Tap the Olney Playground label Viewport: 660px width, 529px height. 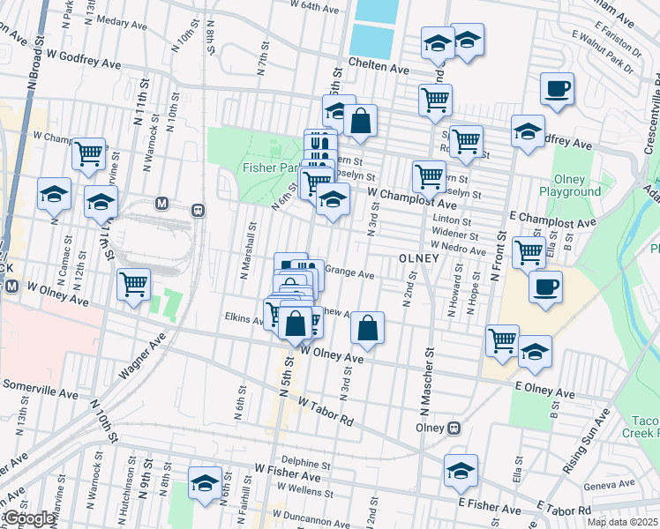pos(581,185)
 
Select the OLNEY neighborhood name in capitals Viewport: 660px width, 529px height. pos(418,258)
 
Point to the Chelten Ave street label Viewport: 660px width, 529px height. pos(379,67)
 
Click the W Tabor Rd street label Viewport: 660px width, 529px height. pos(326,410)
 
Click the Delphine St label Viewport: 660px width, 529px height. pos(305,461)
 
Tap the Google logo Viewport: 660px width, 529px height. pos(28,518)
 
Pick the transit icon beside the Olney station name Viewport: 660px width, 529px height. pos(454,428)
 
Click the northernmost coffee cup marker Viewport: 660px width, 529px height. pos(558,89)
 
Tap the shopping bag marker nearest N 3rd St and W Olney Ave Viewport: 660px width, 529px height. pos(367,329)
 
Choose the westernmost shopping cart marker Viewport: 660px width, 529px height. pos(88,154)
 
